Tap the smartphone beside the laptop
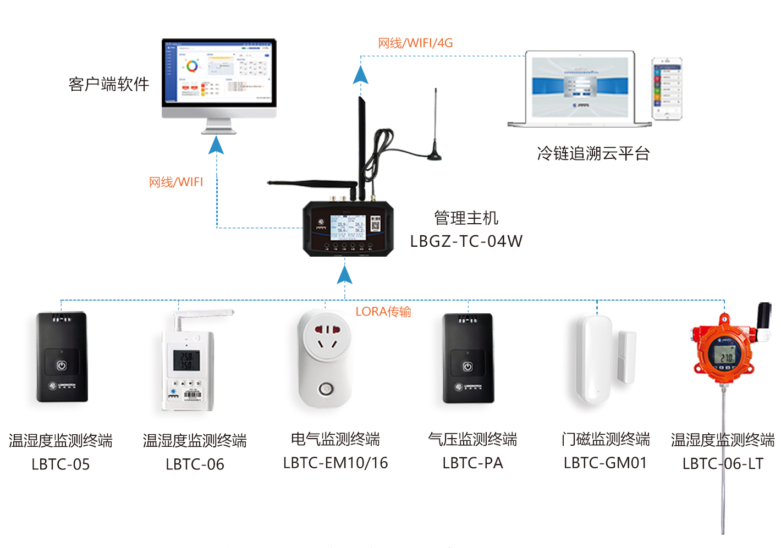[667, 88]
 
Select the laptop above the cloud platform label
[580, 89]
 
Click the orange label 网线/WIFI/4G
[415, 43]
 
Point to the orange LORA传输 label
[383, 312]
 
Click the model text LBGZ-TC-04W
[466, 241]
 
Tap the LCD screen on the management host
[348, 226]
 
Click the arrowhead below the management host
[344, 274]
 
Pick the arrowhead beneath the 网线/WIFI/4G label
[360, 75]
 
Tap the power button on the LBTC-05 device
[62, 365]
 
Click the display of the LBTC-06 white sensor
[186, 361]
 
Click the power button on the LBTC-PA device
[468, 366]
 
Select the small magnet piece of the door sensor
[626, 357]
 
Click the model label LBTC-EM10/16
[335, 463]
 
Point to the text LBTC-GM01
[605, 463]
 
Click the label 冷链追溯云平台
[593, 153]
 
